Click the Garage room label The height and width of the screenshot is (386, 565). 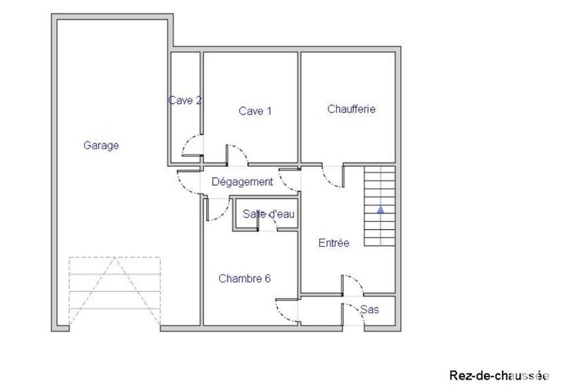(x=101, y=146)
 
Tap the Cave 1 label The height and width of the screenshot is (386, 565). (x=255, y=111)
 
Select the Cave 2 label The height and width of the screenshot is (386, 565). (x=185, y=100)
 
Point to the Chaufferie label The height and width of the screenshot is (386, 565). (x=351, y=109)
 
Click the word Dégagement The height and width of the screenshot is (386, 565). (x=242, y=182)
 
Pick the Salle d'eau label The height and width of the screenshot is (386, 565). (x=268, y=214)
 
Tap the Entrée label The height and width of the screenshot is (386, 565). (x=334, y=243)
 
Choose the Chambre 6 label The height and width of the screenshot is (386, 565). (x=244, y=278)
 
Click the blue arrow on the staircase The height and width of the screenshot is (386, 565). (x=381, y=209)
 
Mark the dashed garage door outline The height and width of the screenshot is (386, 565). (x=114, y=291)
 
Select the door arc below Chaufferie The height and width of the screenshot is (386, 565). (x=331, y=177)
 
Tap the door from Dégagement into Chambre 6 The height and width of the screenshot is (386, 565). (x=218, y=209)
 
